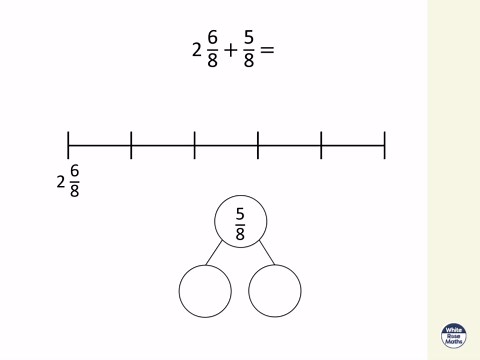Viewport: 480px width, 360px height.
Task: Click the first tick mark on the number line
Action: pyautogui.click(x=68, y=145)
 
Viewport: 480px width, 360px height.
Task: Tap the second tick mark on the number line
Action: pyautogui.click(x=131, y=145)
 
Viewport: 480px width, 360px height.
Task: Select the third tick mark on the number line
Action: pyautogui.click(x=194, y=145)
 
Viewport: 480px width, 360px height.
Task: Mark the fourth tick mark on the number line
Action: pyautogui.click(x=258, y=145)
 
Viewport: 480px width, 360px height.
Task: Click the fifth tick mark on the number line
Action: pyautogui.click(x=321, y=145)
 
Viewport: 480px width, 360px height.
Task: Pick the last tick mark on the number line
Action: pyautogui.click(x=384, y=145)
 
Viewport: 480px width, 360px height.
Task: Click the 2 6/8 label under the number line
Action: pyautogui.click(x=68, y=183)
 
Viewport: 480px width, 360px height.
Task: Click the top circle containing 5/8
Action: pyautogui.click(x=240, y=222)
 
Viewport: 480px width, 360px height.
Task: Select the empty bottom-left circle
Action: pyautogui.click(x=205, y=290)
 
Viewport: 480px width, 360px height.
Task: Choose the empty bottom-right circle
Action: pyautogui.click(x=274, y=290)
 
